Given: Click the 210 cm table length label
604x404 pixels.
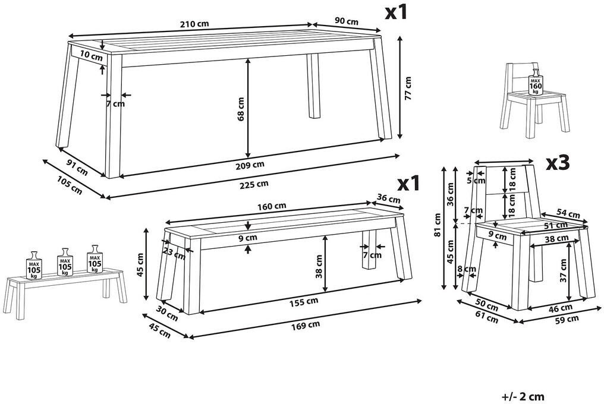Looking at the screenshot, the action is coord(194,24).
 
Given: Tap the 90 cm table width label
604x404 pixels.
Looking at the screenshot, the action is coord(347,21).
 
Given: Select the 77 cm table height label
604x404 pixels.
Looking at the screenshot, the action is coord(408,89).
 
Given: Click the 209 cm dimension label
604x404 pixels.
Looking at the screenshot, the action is coord(250,165).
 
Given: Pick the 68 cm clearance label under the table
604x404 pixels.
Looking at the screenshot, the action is coord(241,109).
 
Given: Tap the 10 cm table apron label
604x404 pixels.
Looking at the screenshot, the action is coord(92,56).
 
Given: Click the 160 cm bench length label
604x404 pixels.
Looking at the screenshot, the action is coord(272,206).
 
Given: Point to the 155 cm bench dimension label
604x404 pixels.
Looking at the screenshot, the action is coord(304,302).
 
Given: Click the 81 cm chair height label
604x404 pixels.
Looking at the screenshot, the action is coord(436,225).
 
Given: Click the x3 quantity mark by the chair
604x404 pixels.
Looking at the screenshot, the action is coord(558,164).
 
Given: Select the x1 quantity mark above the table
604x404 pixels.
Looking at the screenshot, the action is coord(397,12).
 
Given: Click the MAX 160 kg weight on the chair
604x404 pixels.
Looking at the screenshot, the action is coord(536,84).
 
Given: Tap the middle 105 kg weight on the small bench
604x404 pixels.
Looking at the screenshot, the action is coord(65,263).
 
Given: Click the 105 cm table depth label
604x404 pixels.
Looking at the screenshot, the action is coord(70,185).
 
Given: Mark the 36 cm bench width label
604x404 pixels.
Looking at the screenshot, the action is coord(388,198).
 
